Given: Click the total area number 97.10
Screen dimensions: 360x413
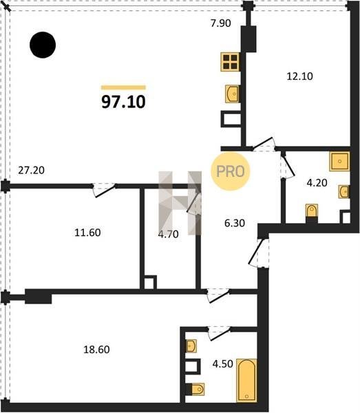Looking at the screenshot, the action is (123, 102).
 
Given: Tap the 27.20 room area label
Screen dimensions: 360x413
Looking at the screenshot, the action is (32, 171).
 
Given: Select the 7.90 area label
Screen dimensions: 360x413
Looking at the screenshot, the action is (221, 23).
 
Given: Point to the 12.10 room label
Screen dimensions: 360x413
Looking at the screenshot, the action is (299, 76).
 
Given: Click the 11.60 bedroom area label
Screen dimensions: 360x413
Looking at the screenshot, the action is (87, 233).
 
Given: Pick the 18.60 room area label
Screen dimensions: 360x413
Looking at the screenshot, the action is (96, 350).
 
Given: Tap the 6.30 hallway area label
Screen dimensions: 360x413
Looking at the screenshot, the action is (235, 223).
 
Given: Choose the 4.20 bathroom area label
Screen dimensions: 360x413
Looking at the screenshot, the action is (317, 182).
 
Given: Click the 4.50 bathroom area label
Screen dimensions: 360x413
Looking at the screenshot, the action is (223, 363).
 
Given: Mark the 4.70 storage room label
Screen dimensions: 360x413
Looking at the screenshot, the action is (168, 234).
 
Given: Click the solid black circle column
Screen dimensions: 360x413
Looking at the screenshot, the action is (43, 45).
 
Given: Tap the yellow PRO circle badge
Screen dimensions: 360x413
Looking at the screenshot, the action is (230, 171).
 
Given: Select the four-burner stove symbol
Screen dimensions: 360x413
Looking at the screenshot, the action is (231, 62).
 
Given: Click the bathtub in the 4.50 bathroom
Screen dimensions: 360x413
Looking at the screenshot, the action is (246, 380).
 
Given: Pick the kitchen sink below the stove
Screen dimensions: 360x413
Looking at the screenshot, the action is (232, 94).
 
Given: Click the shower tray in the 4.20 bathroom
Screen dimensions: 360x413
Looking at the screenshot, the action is (340, 161).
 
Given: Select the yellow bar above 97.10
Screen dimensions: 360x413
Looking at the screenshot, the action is (123, 87).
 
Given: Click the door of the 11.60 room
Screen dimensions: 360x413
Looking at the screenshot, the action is (104, 190).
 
